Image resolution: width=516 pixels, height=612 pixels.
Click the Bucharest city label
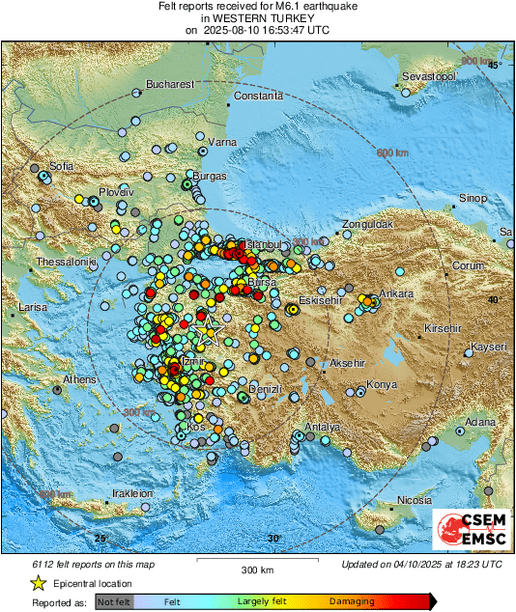pos(170,84)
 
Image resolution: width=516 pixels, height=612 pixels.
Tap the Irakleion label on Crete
pos(132,493)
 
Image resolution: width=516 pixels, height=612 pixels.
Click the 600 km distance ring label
pos(393,153)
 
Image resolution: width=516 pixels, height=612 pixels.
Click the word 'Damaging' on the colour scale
pos(352,601)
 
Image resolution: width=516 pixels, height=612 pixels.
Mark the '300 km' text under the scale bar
pos(258,570)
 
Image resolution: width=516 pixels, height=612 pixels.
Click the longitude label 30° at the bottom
pos(274,538)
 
